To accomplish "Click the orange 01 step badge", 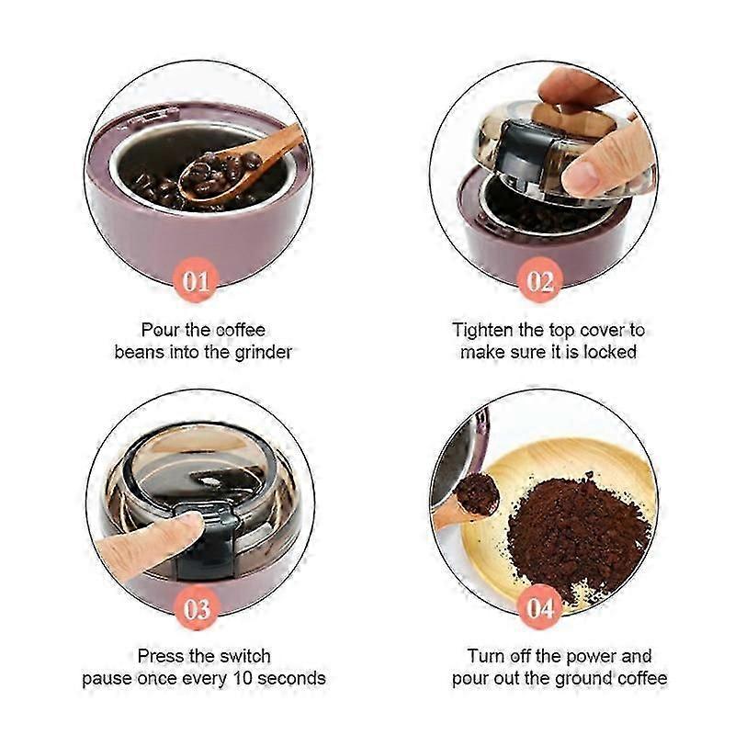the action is point(196,280).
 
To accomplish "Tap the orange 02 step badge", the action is point(540,280).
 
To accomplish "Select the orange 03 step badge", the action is point(196,608).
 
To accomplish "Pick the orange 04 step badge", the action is point(540,608).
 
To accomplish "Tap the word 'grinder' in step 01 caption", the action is point(263,353).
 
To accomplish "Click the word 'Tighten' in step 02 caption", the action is point(482,331).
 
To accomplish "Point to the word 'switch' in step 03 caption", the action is point(245,656).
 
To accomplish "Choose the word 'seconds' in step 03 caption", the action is point(291,679).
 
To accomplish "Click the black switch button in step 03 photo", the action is point(206,539).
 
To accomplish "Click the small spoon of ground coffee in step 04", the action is point(477,493).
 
